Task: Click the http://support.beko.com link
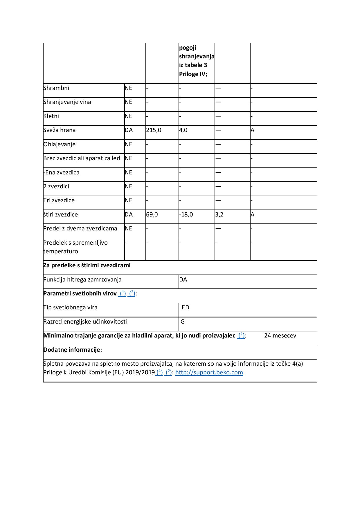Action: (209, 372)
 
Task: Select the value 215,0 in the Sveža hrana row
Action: (154, 130)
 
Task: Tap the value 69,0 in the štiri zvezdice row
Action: (152, 214)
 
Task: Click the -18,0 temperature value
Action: (186, 214)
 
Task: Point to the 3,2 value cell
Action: (219, 214)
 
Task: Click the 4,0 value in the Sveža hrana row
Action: (183, 130)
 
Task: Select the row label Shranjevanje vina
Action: (67, 102)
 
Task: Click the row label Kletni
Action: (51, 116)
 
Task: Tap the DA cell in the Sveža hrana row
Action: (129, 130)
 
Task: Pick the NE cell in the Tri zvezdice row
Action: (128, 200)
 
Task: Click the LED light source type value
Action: (184, 307)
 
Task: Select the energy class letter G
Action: (183, 322)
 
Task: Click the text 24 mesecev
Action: (280, 335)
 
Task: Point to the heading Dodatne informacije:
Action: (73, 350)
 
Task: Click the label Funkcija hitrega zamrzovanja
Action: (82, 279)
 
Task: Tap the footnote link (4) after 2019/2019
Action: (159, 372)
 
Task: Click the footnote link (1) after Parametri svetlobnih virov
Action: (123, 293)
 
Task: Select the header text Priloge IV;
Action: (193, 74)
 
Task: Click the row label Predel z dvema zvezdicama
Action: (80, 228)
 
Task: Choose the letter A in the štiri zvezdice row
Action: (253, 214)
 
